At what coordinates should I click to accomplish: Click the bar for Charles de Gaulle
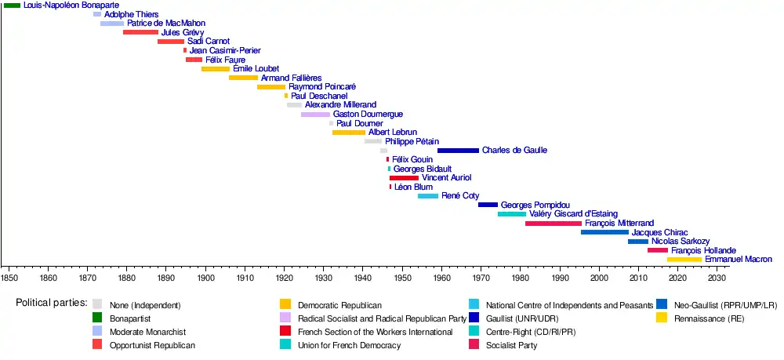(458, 150)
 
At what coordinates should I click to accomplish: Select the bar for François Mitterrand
(554, 224)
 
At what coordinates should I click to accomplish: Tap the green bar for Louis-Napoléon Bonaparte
(12, 5)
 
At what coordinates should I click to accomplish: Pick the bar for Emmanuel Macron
(684, 259)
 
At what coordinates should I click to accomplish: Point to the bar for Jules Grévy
(140, 33)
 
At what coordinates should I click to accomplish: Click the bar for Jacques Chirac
(604, 232)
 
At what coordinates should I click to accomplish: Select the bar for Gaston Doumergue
(316, 115)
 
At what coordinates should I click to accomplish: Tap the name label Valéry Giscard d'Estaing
(574, 214)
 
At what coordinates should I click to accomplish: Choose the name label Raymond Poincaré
(322, 87)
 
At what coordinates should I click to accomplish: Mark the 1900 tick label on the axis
(205, 278)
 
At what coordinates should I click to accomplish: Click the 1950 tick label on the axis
(402, 278)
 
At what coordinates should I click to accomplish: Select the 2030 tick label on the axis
(717, 278)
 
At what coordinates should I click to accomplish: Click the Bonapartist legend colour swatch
(97, 318)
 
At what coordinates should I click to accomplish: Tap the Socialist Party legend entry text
(512, 345)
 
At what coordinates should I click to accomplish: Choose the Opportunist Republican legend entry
(153, 345)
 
